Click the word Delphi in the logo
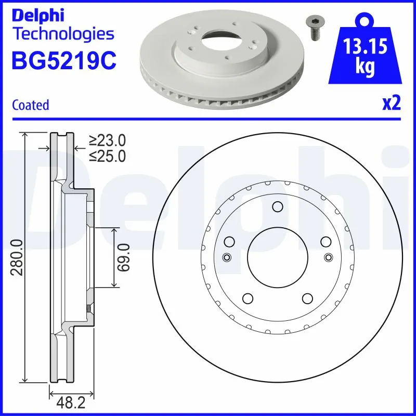pos(38,16)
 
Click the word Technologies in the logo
pos(63,34)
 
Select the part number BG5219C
pos(64,60)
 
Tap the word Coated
pos(31,105)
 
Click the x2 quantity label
pos(391,103)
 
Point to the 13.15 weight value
pos(365,46)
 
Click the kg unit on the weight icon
pos(365,67)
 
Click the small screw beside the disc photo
pos(315,28)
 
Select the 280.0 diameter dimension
pos(17,257)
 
